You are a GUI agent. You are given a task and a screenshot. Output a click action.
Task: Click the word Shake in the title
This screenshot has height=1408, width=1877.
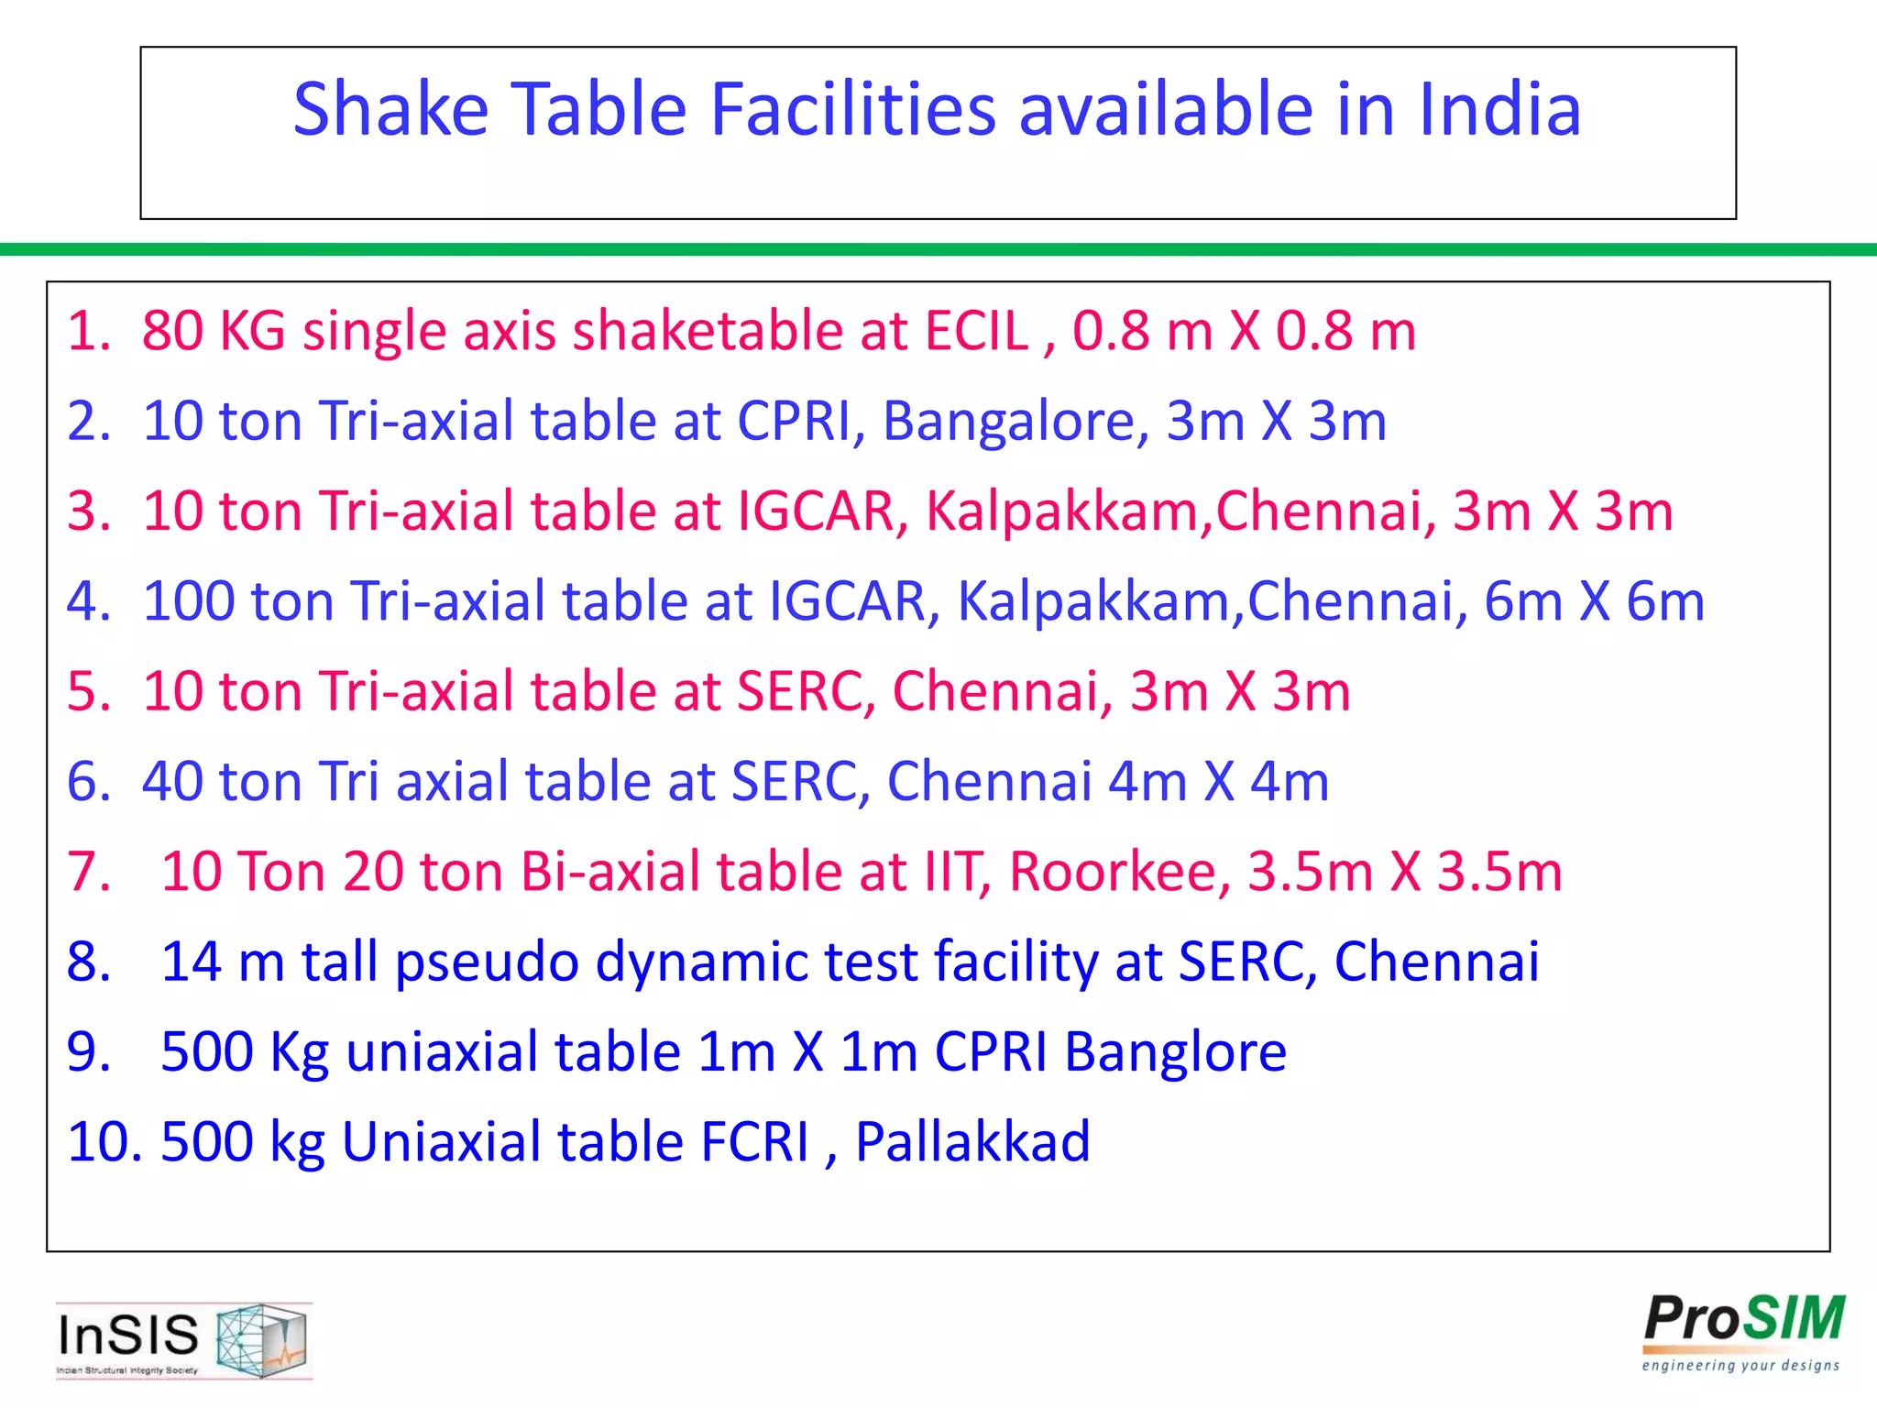point(390,110)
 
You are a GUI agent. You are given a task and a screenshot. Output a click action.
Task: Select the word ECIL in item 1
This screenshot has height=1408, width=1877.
point(977,331)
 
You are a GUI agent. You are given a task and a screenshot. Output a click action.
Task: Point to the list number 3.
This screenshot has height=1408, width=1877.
point(88,511)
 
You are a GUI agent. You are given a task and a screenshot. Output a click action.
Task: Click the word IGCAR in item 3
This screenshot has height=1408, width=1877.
point(816,511)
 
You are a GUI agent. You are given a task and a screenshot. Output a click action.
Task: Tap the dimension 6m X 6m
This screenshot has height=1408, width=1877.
point(1594,601)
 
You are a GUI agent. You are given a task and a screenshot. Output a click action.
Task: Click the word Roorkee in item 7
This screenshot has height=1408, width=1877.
point(1120,872)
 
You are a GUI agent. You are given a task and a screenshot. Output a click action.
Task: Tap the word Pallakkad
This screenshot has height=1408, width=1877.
point(972,1142)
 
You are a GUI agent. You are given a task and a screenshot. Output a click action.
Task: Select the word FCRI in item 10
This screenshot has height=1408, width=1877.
point(755,1142)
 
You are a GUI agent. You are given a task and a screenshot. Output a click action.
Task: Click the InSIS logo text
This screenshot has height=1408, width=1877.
point(128,1335)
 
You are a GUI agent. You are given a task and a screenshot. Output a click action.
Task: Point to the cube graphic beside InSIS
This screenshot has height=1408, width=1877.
point(261,1339)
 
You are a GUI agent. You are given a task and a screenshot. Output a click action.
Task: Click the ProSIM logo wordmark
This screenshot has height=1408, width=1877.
point(1743,1321)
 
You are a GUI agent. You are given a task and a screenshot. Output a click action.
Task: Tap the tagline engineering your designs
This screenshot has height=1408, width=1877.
point(1740,1366)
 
